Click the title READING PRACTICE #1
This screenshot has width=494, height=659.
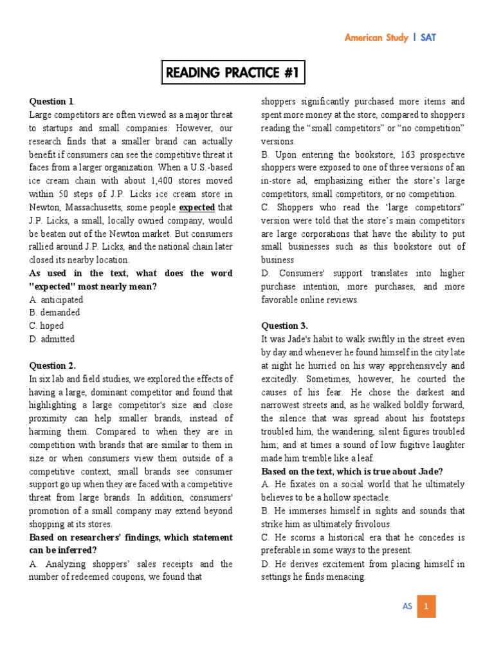coord(232,73)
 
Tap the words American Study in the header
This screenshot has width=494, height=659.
coord(376,37)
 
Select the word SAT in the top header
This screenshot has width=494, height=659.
coord(428,37)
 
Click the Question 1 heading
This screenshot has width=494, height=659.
coord(52,101)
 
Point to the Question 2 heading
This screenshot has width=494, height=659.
coord(53,366)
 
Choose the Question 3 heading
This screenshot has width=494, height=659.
coord(284,326)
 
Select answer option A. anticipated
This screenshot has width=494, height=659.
coord(56,299)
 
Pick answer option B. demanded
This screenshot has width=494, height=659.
coord(55,312)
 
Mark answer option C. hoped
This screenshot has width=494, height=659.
coord(49,326)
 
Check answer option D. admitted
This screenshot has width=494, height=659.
coord(52,339)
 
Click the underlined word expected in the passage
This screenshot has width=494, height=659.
coord(197,207)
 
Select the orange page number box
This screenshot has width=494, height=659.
coord(426,606)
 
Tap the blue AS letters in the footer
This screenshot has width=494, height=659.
coord(407,606)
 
